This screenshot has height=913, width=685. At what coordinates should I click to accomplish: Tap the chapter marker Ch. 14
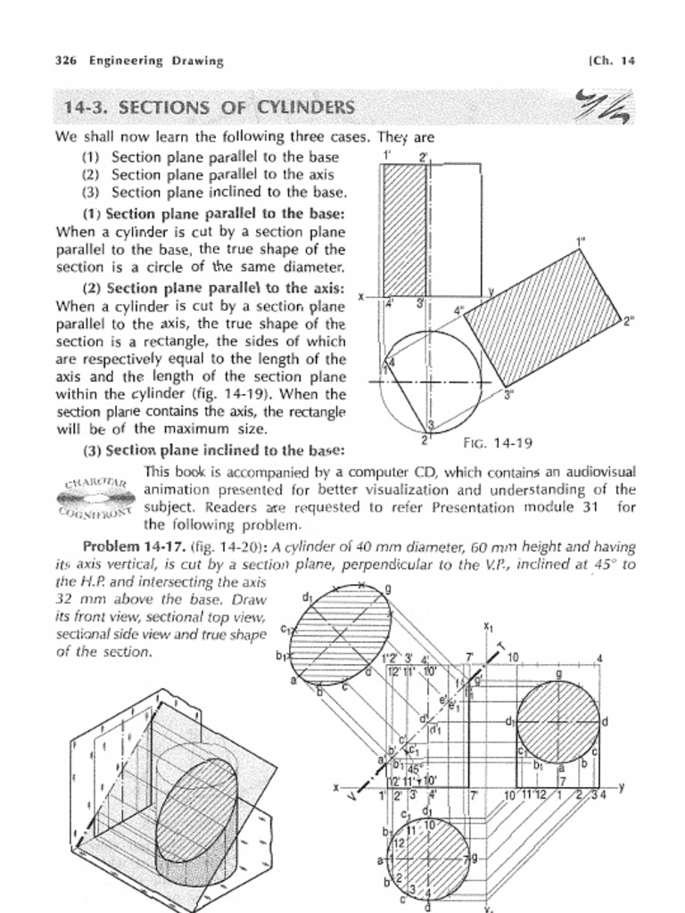pos(612,62)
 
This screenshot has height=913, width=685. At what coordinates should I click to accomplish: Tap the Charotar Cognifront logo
pos(98,498)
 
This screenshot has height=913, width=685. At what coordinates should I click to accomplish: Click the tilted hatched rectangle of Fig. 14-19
pos(541,318)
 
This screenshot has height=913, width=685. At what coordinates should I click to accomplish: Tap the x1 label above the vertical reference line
pos(488,626)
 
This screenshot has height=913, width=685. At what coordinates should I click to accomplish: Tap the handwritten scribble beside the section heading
pos(604,107)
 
